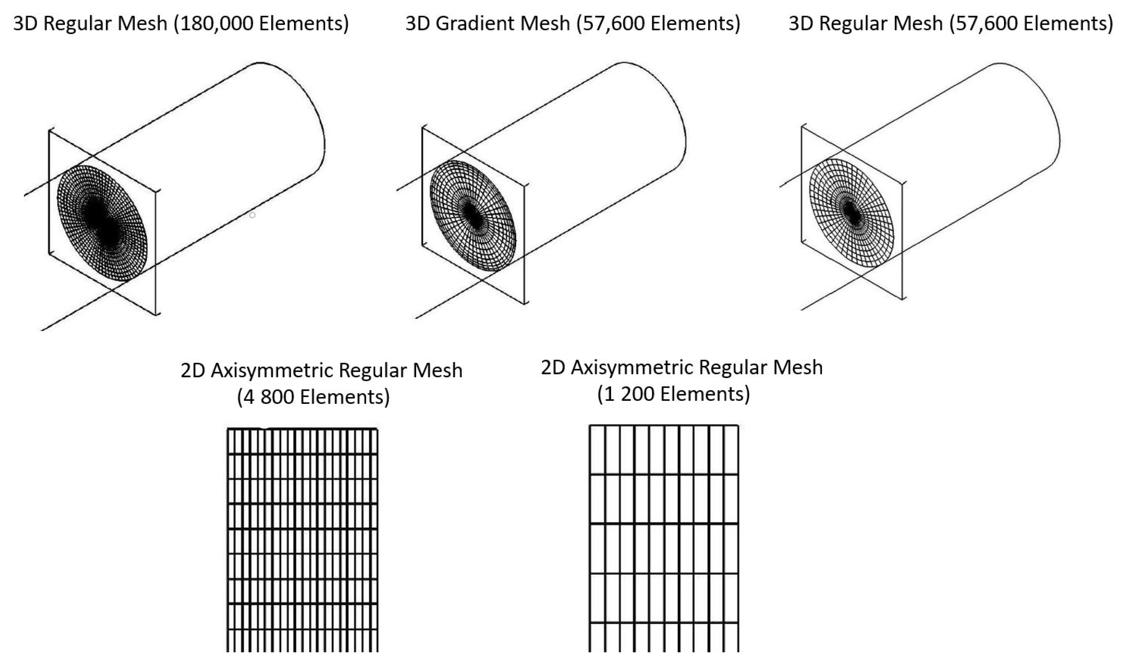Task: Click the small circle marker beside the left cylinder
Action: point(252,215)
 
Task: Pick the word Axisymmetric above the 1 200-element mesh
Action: point(633,367)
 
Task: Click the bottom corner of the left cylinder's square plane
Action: point(157,315)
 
